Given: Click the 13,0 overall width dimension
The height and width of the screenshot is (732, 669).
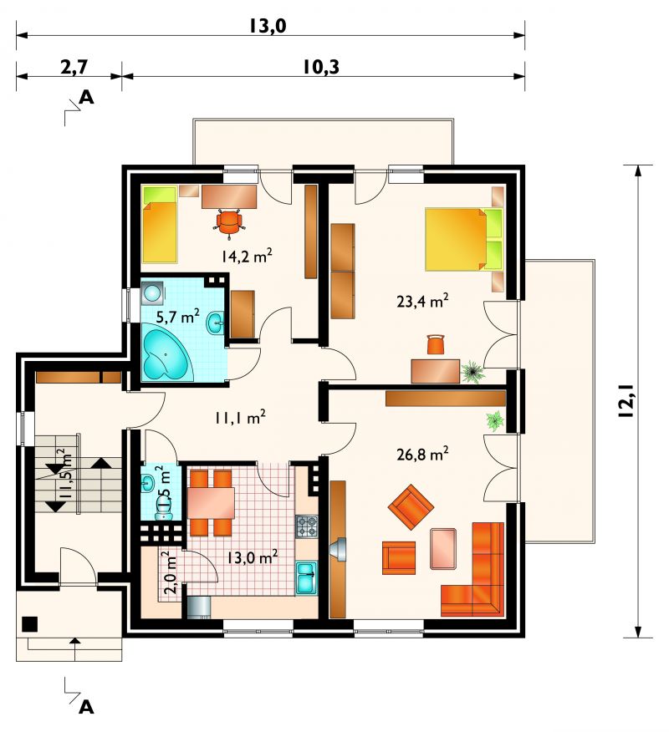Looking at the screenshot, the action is click(x=267, y=26).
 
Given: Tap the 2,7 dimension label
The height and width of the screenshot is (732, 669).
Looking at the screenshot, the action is click(x=74, y=67).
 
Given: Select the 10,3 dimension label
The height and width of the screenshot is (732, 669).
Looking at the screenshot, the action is click(x=320, y=67).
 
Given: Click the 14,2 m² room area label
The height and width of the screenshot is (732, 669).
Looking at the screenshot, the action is click(x=247, y=256).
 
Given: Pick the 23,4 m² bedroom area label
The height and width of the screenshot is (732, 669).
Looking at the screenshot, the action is click(x=422, y=300).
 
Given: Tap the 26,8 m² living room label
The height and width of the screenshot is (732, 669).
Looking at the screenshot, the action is click(x=422, y=453).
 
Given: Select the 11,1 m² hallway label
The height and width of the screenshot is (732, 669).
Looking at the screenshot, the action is click(x=240, y=417).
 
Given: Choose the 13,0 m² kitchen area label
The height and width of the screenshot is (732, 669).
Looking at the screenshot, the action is click(x=253, y=556).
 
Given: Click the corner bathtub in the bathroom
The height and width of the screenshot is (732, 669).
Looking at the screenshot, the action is click(x=166, y=356).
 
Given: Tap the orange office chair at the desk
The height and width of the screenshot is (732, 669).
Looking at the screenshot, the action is click(x=230, y=221).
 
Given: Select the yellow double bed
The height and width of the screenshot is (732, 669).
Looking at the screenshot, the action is click(x=463, y=239).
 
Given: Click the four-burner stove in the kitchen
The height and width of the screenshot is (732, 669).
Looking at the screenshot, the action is click(x=306, y=527).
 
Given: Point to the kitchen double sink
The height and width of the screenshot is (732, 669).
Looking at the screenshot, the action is click(x=306, y=578).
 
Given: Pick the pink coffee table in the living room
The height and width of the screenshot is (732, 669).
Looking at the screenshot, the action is click(x=443, y=548).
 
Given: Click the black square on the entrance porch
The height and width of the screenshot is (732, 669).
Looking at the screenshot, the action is click(x=30, y=623).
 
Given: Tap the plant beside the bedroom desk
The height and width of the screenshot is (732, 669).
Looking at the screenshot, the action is click(x=473, y=372).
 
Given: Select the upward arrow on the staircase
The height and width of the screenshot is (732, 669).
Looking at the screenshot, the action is click(x=101, y=463).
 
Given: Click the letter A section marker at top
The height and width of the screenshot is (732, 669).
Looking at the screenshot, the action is click(x=87, y=97).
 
